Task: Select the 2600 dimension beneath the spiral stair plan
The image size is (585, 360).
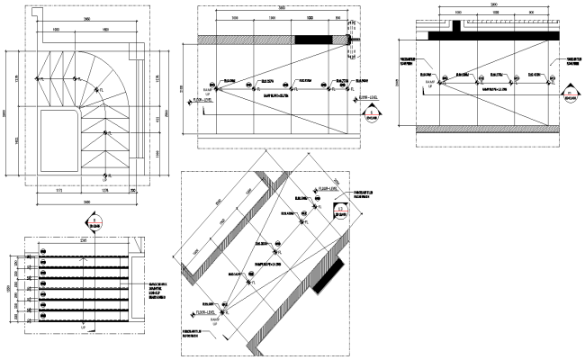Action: tap(85, 202)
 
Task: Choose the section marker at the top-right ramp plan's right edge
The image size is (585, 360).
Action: tap(569, 94)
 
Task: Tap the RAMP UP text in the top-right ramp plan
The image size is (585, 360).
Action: tap(431, 84)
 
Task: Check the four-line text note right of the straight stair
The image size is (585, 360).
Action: tap(157, 289)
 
